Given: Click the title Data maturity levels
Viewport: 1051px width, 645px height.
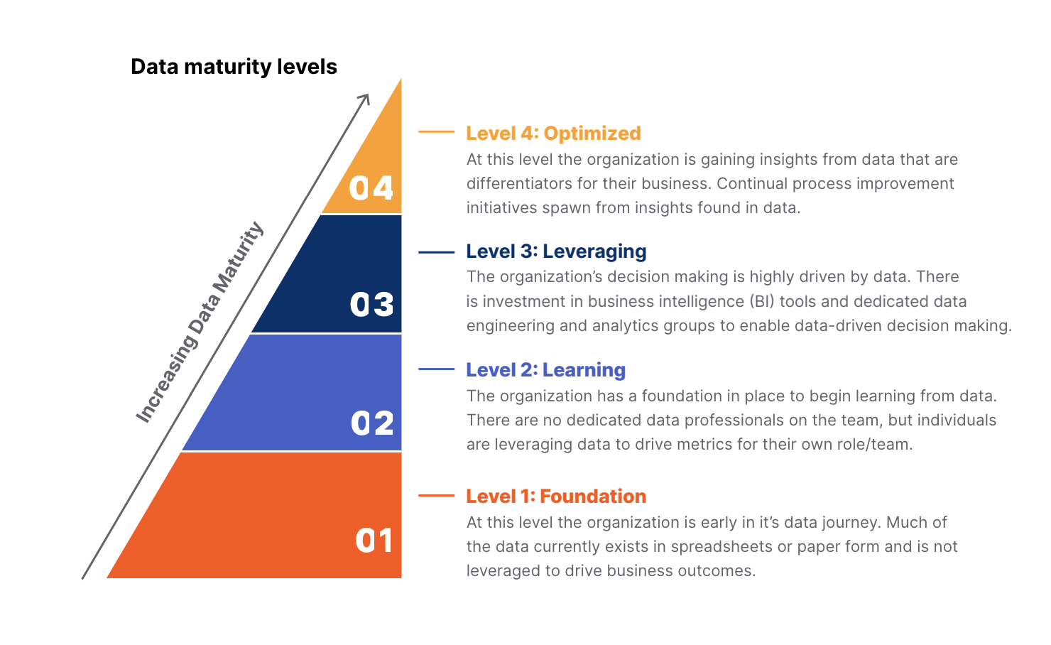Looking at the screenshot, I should click(x=234, y=67).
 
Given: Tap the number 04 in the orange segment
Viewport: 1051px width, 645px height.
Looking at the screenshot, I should click(x=371, y=188).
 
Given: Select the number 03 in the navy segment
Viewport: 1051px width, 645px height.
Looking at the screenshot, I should click(x=371, y=305).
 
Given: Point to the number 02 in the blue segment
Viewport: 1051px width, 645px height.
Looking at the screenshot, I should click(x=372, y=423).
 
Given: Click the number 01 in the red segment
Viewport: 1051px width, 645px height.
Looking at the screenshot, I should click(x=374, y=541).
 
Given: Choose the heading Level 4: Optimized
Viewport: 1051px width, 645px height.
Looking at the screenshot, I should click(x=553, y=134).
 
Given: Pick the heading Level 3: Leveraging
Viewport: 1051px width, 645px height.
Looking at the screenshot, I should click(x=556, y=251).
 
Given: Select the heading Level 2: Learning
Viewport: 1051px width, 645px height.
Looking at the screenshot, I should click(x=545, y=370).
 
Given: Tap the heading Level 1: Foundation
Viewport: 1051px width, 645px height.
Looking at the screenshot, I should click(x=556, y=497).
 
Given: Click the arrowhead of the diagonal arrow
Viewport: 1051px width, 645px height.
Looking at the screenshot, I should click(x=365, y=98).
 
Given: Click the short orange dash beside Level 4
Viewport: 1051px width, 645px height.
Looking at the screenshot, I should click(x=436, y=131).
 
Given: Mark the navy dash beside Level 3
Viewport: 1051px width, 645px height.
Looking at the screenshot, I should click(x=436, y=251).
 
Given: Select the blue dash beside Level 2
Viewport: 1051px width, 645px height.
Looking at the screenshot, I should click(x=436, y=369).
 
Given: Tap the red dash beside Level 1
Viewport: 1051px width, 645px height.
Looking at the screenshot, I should click(x=436, y=495).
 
